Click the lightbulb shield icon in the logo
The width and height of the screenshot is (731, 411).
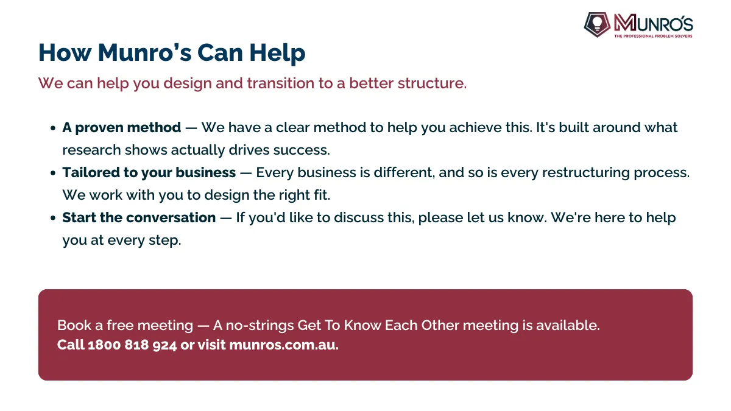point(597,24)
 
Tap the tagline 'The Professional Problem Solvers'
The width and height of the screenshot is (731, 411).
point(653,36)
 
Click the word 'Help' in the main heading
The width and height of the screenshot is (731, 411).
point(277,53)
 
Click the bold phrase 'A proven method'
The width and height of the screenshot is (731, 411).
point(122,127)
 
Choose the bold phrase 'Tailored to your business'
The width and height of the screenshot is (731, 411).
point(149,172)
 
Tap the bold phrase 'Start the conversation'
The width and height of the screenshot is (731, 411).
point(139,217)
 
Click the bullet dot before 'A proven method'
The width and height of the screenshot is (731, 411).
point(53,128)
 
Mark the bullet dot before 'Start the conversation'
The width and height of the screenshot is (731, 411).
point(53,218)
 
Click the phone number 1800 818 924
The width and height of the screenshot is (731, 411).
point(132,345)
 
